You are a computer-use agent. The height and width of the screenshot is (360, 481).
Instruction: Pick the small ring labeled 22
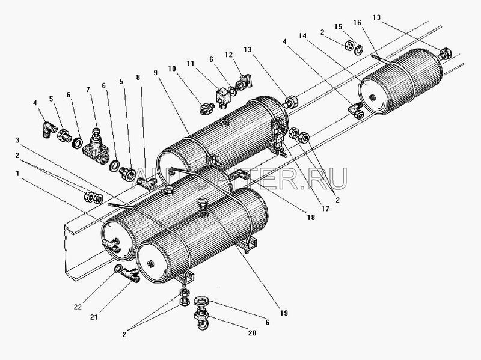coord(117,269)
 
